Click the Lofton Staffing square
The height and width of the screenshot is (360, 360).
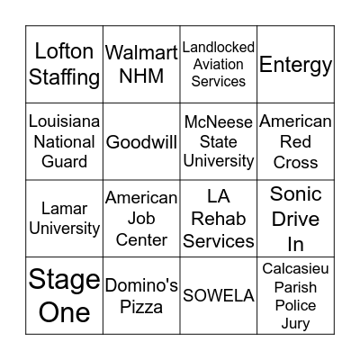(64, 64)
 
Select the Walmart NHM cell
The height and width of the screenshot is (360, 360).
(141, 64)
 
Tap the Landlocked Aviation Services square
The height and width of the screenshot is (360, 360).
(219, 64)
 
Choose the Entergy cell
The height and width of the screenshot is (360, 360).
(296, 64)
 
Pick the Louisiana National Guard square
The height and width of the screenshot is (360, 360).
(64, 141)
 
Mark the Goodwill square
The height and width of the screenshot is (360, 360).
(141, 141)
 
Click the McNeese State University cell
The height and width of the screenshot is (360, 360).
(219, 141)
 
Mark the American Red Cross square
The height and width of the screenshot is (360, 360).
(296, 141)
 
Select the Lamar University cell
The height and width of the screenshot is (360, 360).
(64, 219)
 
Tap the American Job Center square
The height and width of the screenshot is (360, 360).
(141, 219)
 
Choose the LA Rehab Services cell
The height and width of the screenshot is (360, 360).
(219, 219)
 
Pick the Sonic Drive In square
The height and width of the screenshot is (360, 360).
(296, 219)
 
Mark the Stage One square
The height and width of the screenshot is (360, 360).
(64, 296)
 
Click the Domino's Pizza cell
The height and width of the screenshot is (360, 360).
(141, 296)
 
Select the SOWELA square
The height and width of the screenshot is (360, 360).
(219, 296)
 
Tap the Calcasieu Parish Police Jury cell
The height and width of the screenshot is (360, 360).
(296, 296)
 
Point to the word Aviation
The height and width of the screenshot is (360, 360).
(219, 64)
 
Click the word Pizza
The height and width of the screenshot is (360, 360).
(141, 307)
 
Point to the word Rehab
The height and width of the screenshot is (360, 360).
(219, 219)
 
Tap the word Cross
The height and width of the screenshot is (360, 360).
(296, 162)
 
